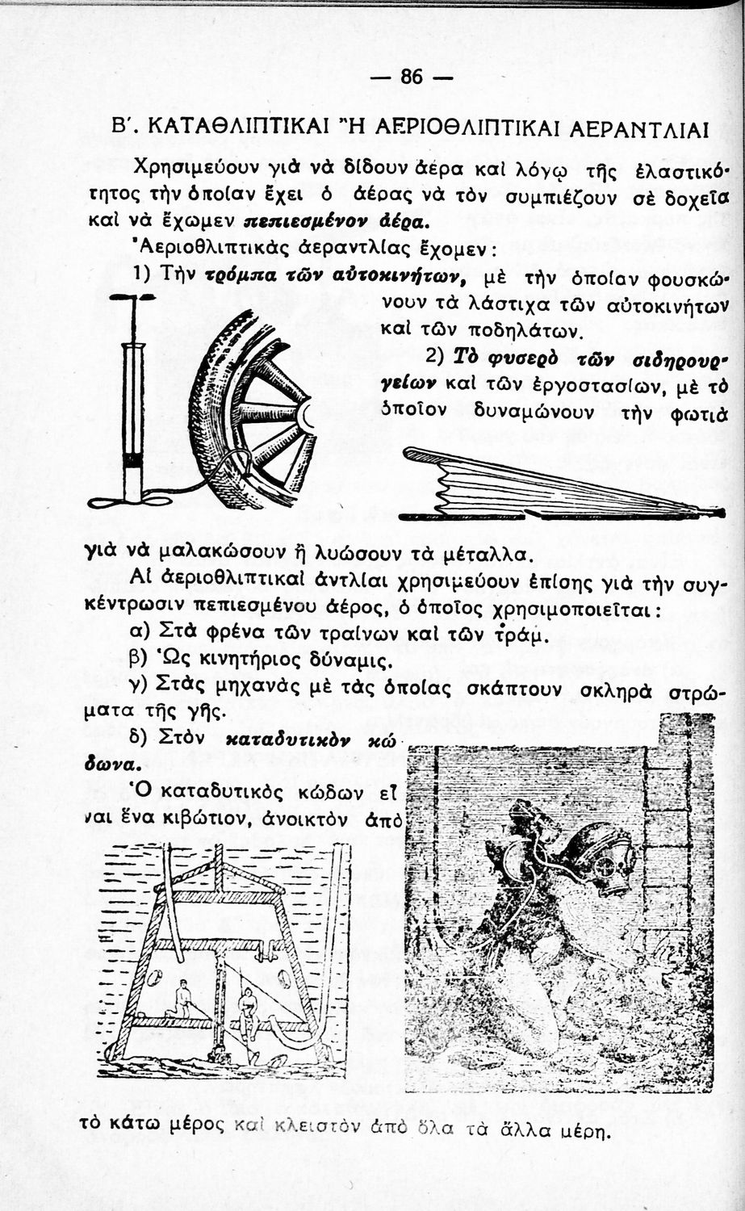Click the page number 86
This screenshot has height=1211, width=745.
411,77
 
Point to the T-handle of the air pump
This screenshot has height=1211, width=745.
132,297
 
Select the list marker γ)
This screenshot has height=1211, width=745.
140,687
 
